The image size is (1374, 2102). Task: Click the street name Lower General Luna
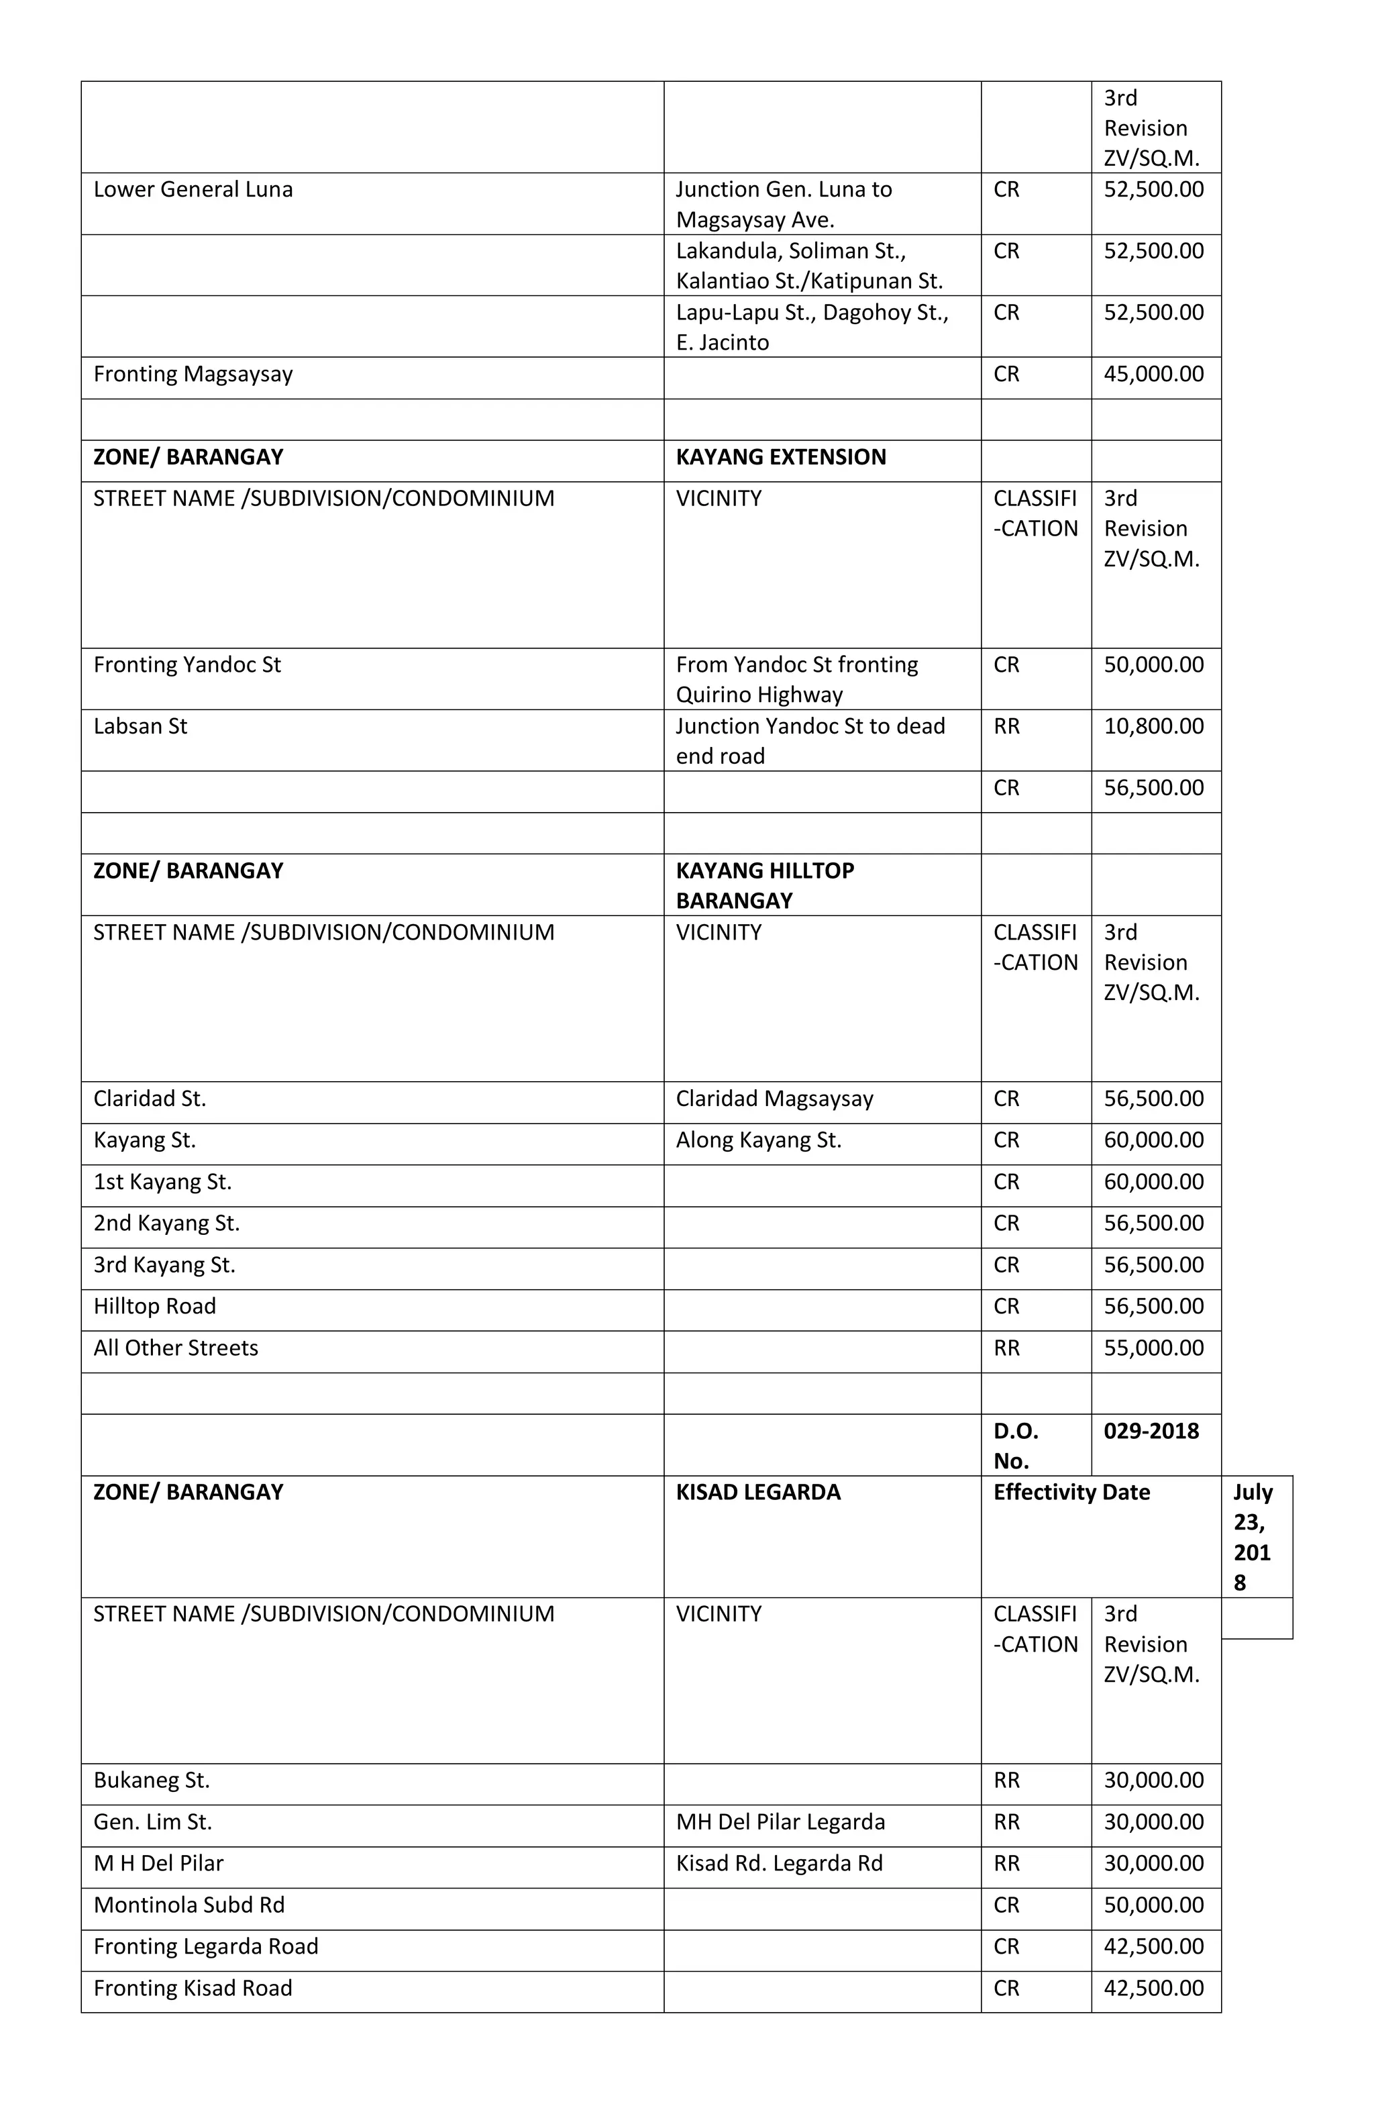pyautogui.click(x=193, y=190)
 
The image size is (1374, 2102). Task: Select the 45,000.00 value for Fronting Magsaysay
pyautogui.click(x=1153, y=374)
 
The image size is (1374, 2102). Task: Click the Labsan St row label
pyautogui.click(x=140, y=727)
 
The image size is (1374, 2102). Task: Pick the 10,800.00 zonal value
pyautogui.click(x=1153, y=727)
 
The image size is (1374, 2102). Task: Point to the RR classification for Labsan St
pyautogui.click(x=1006, y=727)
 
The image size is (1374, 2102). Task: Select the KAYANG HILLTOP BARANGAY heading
pyautogui.click(x=764, y=886)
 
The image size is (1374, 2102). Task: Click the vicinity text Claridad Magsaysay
pyautogui.click(x=774, y=1099)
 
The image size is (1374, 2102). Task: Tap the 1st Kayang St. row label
pyautogui.click(x=162, y=1182)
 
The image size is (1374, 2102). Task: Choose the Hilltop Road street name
pyautogui.click(x=154, y=1306)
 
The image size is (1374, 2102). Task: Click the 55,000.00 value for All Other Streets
pyautogui.click(x=1153, y=1348)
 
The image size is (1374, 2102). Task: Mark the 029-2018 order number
pyautogui.click(x=1151, y=1431)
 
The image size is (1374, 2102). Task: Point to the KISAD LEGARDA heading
pyautogui.click(x=757, y=1493)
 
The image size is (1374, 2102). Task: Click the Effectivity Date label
pyautogui.click(x=1071, y=1493)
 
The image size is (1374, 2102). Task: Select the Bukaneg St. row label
pyautogui.click(x=151, y=1781)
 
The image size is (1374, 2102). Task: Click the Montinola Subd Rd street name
pyautogui.click(x=189, y=1905)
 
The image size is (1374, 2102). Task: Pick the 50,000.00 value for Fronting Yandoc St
pyautogui.click(x=1153, y=665)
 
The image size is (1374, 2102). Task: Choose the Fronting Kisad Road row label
pyautogui.click(x=193, y=1988)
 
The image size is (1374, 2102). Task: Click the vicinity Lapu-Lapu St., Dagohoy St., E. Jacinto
pyautogui.click(x=812, y=328)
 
